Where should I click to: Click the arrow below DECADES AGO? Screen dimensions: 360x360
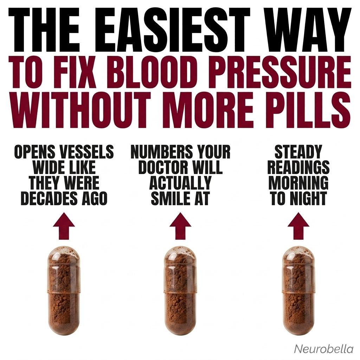click(x=64, y=226)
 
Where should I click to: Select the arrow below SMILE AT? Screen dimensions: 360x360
click(x=180, y=226)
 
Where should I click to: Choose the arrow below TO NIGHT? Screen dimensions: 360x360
click(x=298, y=226)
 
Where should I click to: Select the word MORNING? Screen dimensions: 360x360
click(x=298, y=182)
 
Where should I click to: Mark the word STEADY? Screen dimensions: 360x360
click(x=298, y=152)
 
